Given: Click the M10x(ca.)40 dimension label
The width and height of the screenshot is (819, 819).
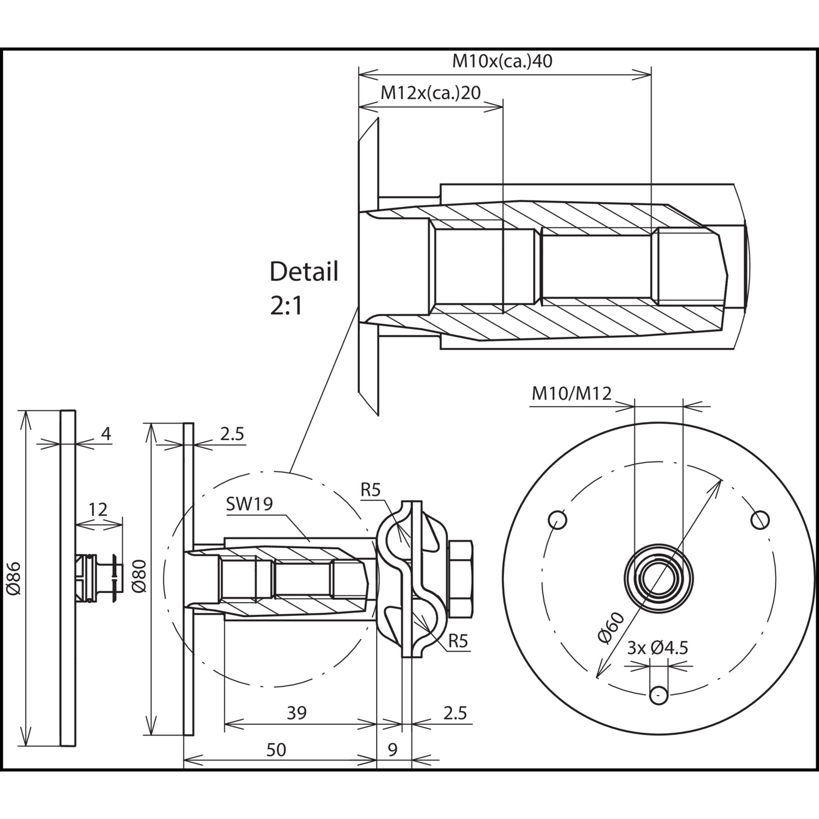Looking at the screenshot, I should (x=502, y=61).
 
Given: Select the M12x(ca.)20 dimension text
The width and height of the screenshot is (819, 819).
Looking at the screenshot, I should (x=430, y=93).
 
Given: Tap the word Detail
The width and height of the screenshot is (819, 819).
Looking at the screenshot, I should (x=304, y=271).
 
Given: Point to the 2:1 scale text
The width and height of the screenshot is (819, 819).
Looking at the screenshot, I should (x=286, y=306).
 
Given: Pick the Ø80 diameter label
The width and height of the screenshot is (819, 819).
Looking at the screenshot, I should (x=139, y=575).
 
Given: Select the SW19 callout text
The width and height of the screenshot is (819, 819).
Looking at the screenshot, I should (x=249, y=503).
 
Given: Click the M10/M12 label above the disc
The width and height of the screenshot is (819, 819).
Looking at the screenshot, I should (x=572, y=393).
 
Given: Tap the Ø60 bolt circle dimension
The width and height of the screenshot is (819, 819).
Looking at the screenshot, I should (x=612, y=628).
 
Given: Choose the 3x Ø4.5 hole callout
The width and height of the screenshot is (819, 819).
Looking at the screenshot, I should (x=657, y=648).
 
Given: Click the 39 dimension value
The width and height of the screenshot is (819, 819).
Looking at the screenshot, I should (x=296, y=713).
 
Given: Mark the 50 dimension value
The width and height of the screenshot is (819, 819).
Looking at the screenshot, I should (x=276, y=750).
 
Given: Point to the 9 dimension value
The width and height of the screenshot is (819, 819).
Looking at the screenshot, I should (x=393, y=750).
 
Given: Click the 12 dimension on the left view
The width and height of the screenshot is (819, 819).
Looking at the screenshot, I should (x=98, y=509).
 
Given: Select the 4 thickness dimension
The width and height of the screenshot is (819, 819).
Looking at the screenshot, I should (x=106, y=434).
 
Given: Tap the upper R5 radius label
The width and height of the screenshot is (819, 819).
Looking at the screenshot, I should (x=370, y=490).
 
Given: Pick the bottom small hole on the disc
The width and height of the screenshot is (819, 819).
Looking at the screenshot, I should (x=659, y=695).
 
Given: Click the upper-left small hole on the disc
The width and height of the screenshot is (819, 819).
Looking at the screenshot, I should (x=557, y=519).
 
